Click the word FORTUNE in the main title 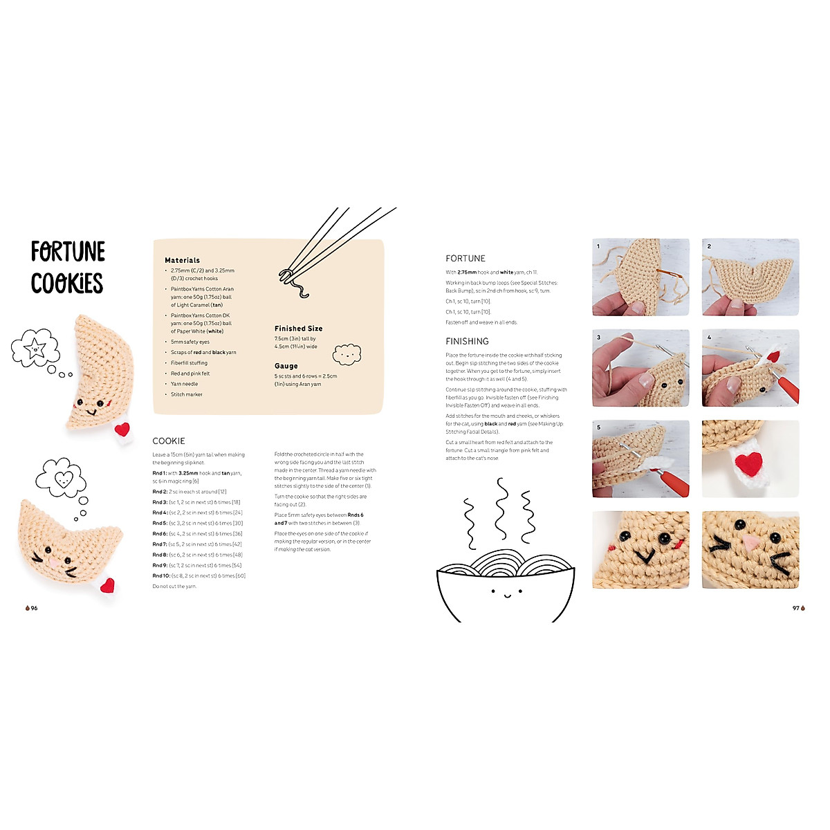[68, 252]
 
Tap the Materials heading [182, 260]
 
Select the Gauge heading [286, 366]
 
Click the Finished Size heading [298, 329]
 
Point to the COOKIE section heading [169, 441]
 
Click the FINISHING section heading [467, 341]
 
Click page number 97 [796, 608]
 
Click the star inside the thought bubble [33, 347]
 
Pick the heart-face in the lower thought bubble [62, 477]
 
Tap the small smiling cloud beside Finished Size [347, 355]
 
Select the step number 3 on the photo [598, 338]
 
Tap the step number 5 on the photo [598, 427]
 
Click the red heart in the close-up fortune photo [749, 462]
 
